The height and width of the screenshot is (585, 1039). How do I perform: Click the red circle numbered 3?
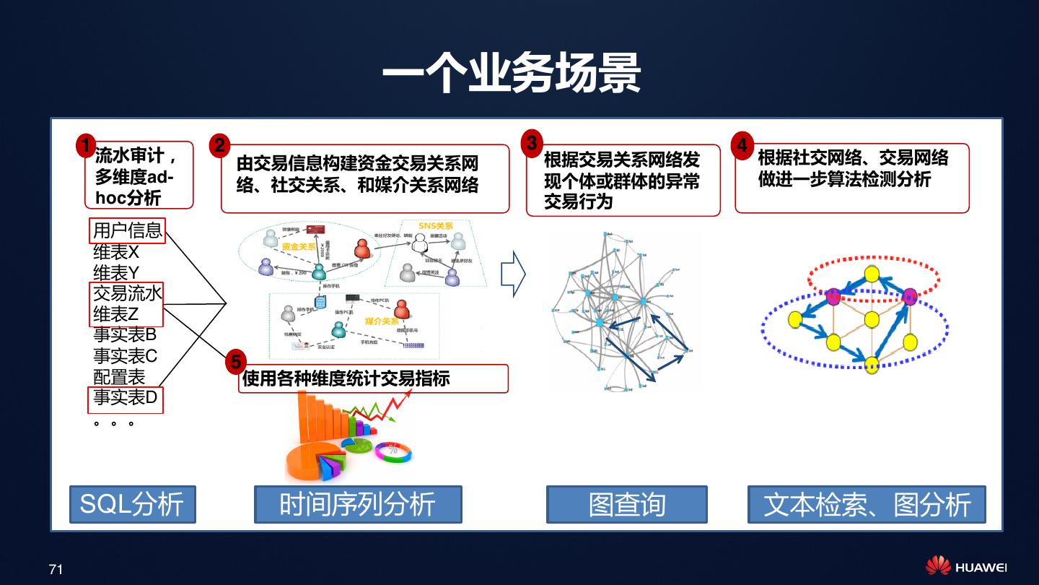coord(532,143)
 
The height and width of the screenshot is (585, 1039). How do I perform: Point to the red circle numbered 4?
coord(742,144)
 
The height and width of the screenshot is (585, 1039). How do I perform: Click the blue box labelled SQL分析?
coord(132,504)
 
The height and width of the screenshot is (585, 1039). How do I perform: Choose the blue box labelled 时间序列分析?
coord(358,504)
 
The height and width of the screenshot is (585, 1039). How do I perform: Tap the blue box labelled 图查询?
coord(626,504)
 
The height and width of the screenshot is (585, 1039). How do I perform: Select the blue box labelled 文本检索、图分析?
coord(867,504)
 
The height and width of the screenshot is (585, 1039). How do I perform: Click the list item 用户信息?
coord(128,231)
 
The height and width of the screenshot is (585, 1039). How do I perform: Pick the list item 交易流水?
coord(128,293)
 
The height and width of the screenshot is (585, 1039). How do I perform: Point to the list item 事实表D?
coord(126,397)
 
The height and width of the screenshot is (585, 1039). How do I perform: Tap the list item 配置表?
coord(119,377)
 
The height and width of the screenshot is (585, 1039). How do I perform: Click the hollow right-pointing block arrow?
coord(513,274)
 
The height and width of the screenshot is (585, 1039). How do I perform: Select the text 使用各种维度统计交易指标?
coord(346,378)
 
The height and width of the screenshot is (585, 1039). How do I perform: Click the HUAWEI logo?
coord(966,567)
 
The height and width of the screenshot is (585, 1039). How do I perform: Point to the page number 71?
coord(56,570)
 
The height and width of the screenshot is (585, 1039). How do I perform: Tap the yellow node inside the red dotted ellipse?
coord(872,274)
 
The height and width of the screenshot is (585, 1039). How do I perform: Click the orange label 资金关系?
coord(299,247)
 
